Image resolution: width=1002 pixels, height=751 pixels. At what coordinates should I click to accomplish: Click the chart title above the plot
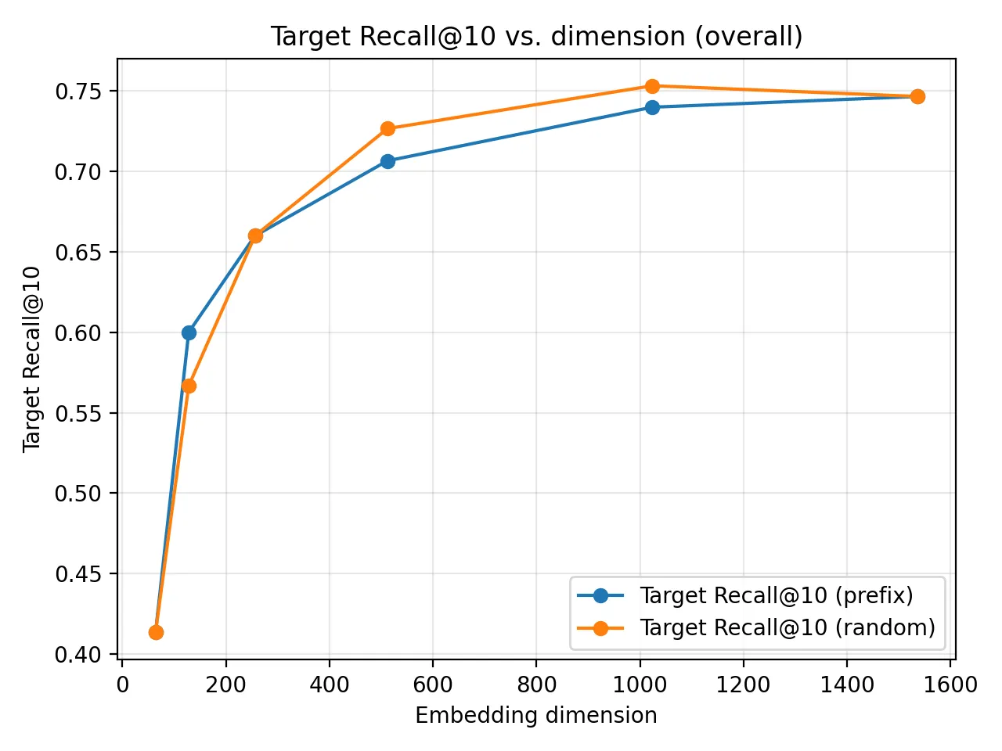tap(536, 37)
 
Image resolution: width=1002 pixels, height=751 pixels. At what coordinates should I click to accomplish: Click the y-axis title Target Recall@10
tap(31, 359)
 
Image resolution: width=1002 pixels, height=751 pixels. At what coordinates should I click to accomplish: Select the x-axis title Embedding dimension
tap(536, 715)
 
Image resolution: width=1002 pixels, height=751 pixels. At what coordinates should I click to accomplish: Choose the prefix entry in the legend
tap(776, 595)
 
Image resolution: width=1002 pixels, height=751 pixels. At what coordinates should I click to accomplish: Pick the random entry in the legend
tap(787, 627)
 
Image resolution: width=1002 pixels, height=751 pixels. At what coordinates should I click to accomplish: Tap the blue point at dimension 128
tap(189, 332)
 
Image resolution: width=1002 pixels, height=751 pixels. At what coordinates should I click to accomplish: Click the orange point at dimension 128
tap(189, 386)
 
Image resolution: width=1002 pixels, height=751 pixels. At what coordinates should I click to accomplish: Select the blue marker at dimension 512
tap(387, 161)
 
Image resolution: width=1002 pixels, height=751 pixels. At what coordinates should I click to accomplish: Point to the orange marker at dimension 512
tap(387, 128)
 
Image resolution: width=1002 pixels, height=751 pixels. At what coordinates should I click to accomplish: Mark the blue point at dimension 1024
tap(652, 107)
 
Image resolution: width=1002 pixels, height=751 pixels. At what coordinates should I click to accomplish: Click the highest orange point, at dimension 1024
tap(652, 86)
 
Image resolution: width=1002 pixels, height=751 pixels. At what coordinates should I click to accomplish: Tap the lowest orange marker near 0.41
tap(156, 632)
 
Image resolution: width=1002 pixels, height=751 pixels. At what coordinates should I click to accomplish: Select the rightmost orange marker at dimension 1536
tap(917, 96)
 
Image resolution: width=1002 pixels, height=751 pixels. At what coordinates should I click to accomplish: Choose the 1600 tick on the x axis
tap(950, 685)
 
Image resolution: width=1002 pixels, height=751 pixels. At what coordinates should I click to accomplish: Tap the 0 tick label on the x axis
tap(123, 685)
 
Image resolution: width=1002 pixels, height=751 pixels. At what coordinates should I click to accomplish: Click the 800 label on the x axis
tap(536, 685)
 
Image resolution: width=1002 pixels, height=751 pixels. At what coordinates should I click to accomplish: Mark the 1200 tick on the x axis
tap(743, 685)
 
